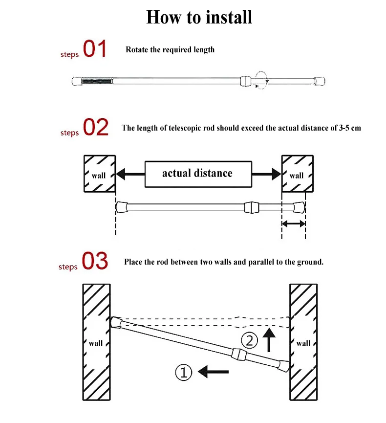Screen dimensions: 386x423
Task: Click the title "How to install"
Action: (x=199, y=17)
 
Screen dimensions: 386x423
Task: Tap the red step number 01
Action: (x=95, y=48)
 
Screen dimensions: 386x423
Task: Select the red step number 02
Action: (x=96, y=127)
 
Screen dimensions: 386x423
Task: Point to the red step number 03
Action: (x=95, y=261)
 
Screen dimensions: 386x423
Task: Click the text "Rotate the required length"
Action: (x=170, y=50)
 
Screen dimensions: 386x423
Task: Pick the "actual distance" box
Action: (x=198, y=174)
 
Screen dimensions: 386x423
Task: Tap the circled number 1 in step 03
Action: (x=184, y=373)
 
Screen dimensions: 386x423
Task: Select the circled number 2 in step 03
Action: (x=249, y=340)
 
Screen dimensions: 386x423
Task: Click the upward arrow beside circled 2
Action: (x=269, y=340)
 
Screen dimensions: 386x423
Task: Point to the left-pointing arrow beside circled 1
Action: (x=213, y=372)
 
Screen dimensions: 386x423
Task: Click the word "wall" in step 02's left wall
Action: (x=98, y=176)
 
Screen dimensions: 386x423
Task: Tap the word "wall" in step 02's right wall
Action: (x=297, y=176)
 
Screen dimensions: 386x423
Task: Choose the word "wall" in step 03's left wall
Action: (x=96, y=343)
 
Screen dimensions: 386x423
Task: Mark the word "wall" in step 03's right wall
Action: (x=303, y=343)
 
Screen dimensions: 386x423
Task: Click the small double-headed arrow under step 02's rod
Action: (x=294, y=223)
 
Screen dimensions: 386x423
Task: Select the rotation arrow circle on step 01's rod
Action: (x=261, y=80)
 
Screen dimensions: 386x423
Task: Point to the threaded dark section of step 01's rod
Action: (x=97, y=81)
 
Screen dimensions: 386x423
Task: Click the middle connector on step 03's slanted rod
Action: (x=239, y=355)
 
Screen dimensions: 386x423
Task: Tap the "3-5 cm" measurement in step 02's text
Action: (x=350, y=128)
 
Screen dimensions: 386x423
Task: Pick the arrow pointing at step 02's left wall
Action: (x=130, y=174)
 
